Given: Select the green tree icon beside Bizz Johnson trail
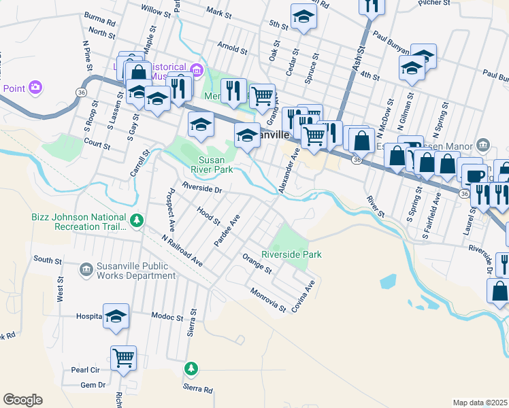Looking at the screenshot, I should tap(137, 220).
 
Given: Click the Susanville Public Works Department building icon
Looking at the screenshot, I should tap(86, 270).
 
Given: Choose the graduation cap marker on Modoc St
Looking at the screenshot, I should tap(116, 316).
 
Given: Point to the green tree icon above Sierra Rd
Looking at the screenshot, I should tap(192, 369).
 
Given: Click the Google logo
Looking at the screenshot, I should tap(22, 400).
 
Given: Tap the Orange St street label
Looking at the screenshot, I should tap(257, 263).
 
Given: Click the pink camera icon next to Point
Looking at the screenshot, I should tap(35, 88).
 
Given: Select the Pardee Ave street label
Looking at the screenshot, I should tap(227, 232).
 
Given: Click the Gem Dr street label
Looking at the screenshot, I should tap(93, 385).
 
